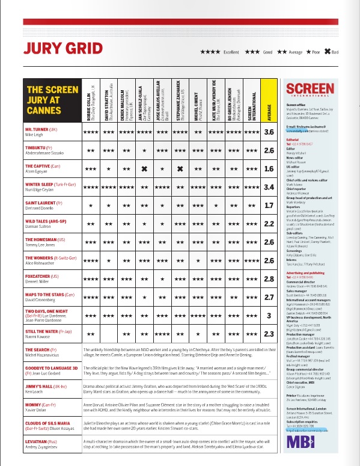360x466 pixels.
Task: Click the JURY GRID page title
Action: coord(50,48)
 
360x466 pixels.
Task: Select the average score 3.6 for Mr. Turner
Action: coord(269,132)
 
